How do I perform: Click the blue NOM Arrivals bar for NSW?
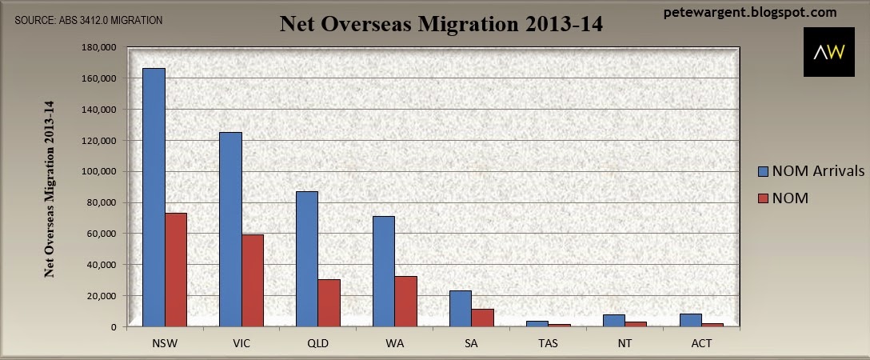(154, 198)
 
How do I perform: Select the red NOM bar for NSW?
(176, 270)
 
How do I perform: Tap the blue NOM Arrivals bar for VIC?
(231, 229)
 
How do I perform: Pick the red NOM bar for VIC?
(253, 281)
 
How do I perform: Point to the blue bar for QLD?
(307, 259)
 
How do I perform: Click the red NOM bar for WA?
(405, 302)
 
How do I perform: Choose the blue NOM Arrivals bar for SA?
(461, 309)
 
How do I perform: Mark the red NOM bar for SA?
(483, 318)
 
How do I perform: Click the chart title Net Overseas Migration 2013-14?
(441, 24)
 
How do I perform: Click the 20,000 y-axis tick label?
(102, 296)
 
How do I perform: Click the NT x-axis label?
(625, 343)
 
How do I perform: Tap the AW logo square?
(829, 51)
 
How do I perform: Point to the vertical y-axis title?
(49, 189)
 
